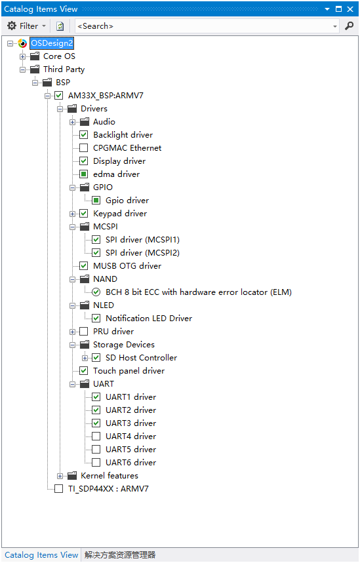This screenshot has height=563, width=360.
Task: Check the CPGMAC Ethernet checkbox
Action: click(83, 148)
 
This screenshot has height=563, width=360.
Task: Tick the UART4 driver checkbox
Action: click(96, 437)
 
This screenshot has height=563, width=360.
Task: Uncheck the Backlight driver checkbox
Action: click(83, 134)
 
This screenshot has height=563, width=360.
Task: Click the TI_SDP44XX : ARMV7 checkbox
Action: click(58, 489)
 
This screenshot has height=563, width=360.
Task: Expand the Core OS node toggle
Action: click(23, 56)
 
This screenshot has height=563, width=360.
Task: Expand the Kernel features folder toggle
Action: click(60, 476)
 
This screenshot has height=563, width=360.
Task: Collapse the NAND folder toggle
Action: click(73, 279)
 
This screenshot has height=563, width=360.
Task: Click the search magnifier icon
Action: click(349, 26)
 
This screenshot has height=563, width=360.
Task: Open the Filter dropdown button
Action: click(27, 26)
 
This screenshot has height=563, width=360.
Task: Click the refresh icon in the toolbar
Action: click(60, 26)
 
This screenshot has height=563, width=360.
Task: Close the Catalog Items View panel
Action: click(350, 9)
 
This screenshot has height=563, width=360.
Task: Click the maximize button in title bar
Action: click(338, 9)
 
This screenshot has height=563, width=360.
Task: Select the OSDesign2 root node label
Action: click(52, 43)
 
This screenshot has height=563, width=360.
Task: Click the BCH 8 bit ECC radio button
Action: click(96, 292)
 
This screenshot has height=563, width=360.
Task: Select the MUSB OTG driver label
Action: click(127, 266)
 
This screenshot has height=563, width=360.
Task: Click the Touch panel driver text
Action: click(129, 371)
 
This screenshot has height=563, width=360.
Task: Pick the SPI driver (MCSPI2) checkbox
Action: click(96, 253)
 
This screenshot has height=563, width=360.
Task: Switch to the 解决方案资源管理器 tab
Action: click(120, 555)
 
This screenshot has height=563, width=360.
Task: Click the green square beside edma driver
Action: click(83, 174)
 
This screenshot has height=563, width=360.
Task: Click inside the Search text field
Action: click(204, 26)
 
